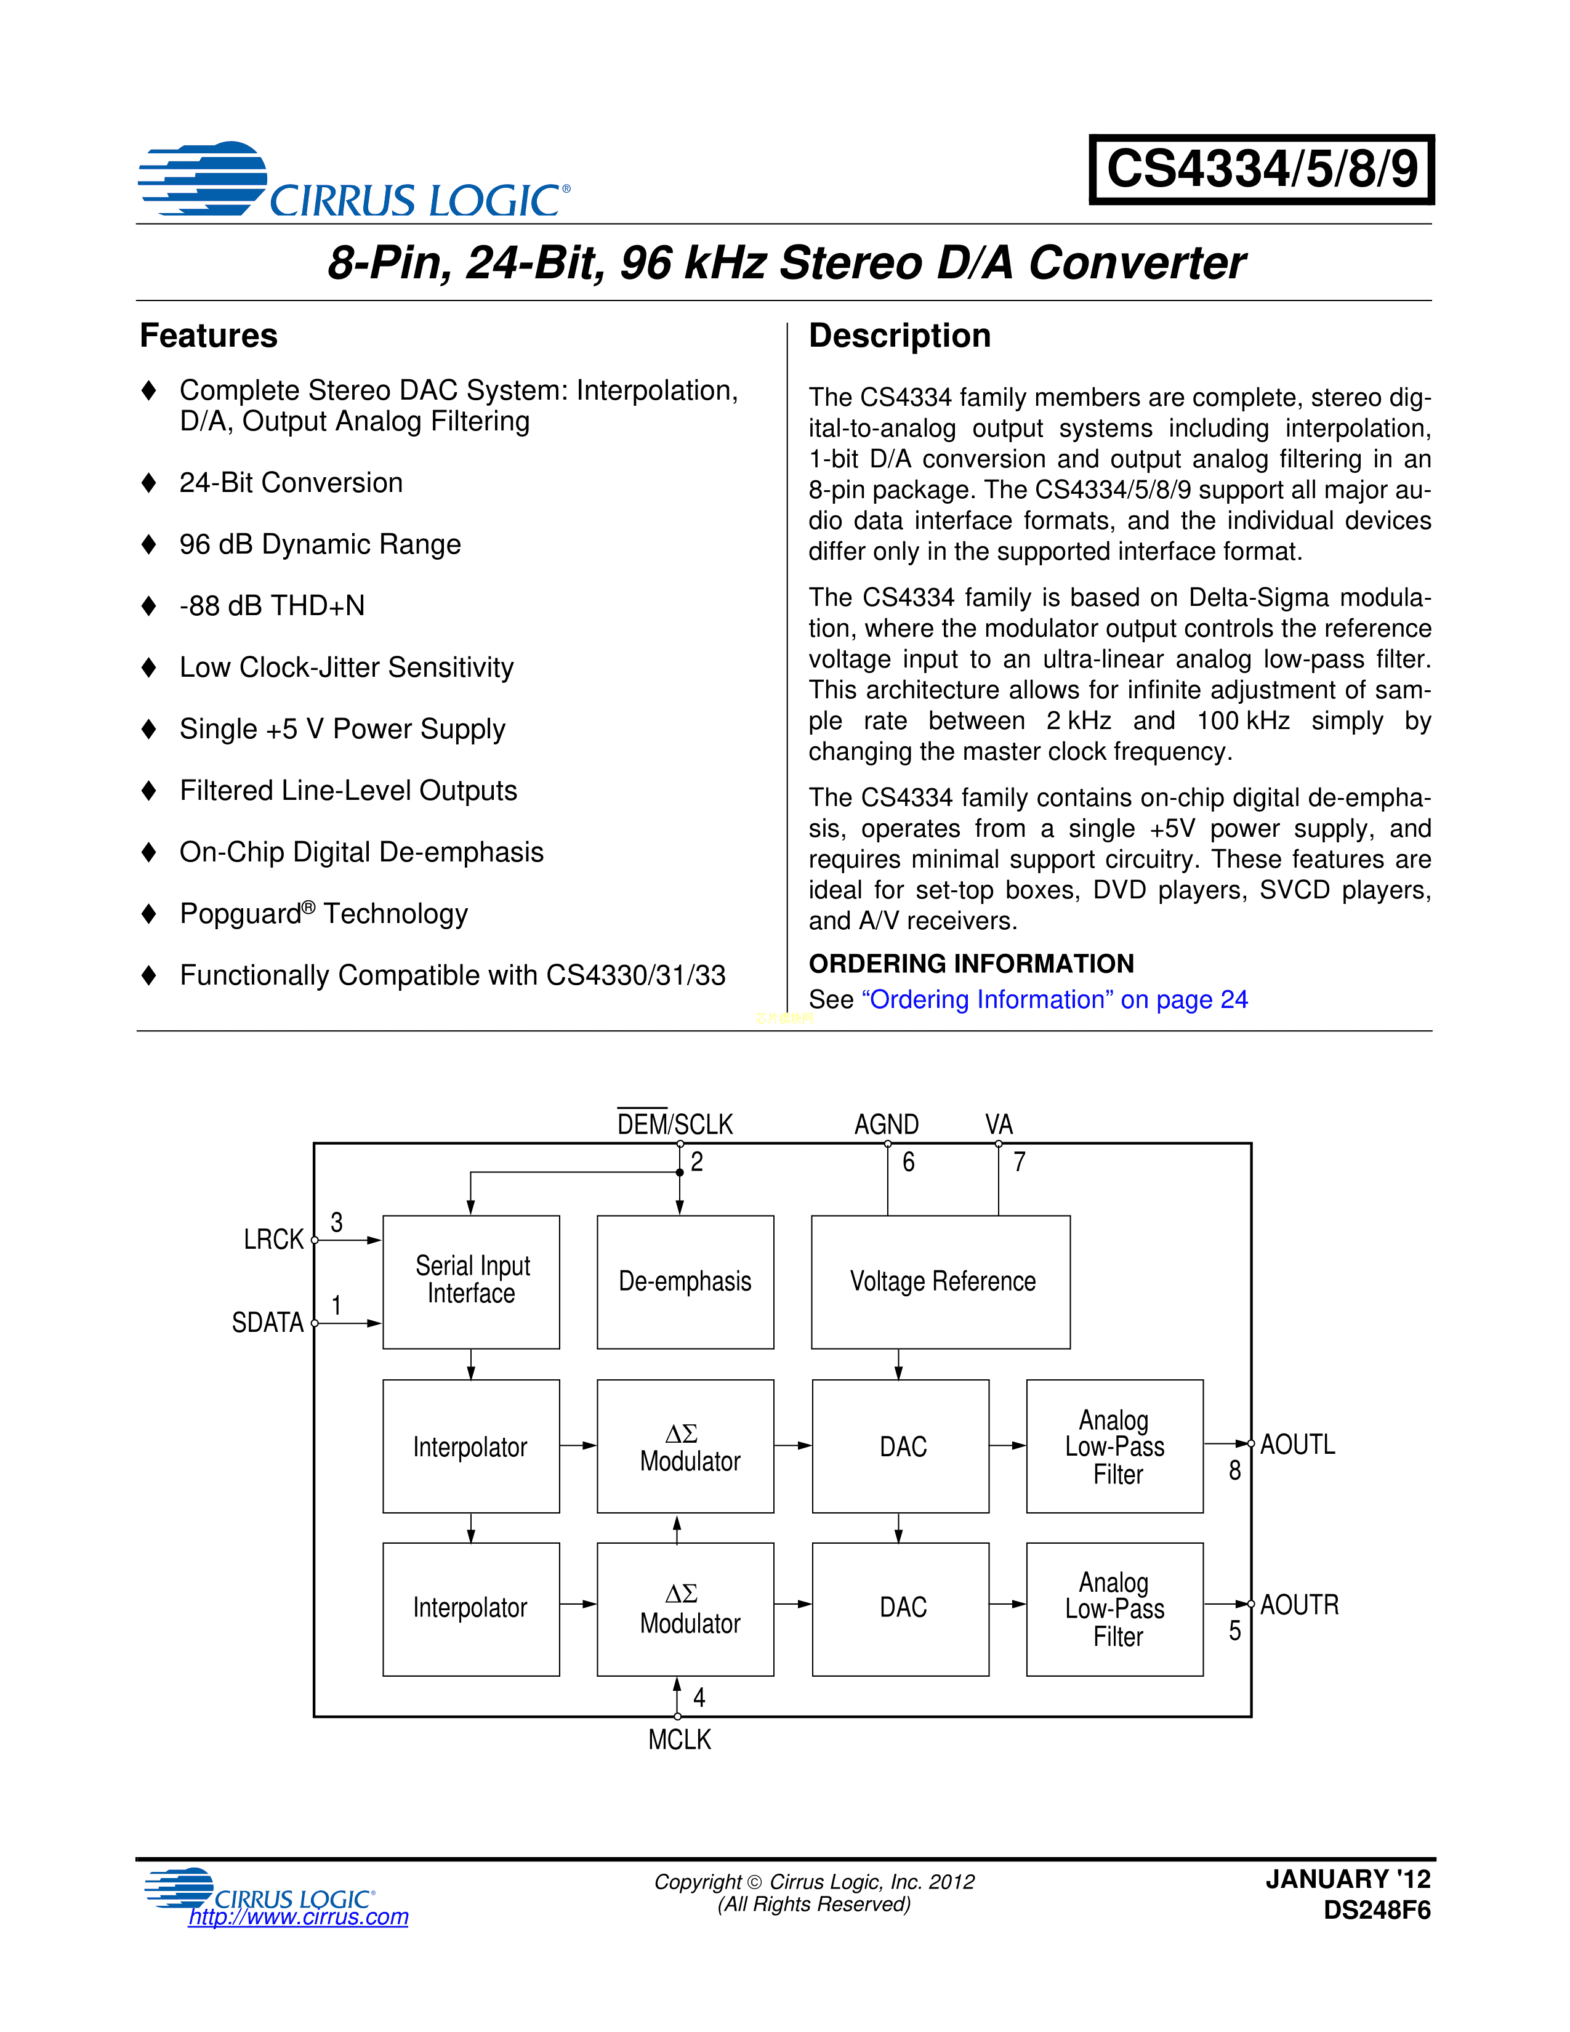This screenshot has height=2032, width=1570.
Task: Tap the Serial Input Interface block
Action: point(472,1281)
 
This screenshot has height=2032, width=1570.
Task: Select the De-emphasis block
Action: point(685,1281)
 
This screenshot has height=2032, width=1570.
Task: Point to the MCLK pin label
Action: point(679,1740)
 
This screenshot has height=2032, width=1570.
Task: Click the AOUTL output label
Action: point(1297,1445)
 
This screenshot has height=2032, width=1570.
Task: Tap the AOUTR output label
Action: point(1299,1605)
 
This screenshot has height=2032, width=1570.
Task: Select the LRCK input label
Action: point(273,1240)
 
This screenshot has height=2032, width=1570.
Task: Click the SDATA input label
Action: point(268,1322)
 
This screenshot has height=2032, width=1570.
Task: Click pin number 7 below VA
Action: point(1020,1162)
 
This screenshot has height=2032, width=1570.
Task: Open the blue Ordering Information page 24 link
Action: point(1055,999)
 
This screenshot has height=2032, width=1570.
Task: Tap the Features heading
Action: point(208,336)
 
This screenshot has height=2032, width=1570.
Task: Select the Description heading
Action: point(900,336)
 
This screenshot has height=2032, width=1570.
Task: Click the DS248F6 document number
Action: point(1377,1910)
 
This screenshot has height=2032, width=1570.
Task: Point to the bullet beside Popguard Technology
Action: point(149,914)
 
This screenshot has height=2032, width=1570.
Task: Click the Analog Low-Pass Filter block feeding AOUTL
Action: point(1114,1447)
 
